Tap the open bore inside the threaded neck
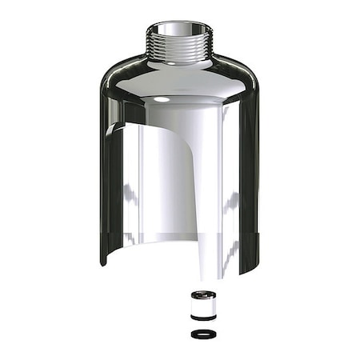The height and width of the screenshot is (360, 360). [x=178, y=30]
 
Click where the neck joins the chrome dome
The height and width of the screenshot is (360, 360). [x=178, y=63]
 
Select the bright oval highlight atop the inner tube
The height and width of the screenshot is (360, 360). [x=162, y=99]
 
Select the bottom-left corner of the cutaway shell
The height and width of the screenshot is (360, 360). [x=104, y=262]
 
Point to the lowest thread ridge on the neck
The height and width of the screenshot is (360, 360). [x=178, y=58]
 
